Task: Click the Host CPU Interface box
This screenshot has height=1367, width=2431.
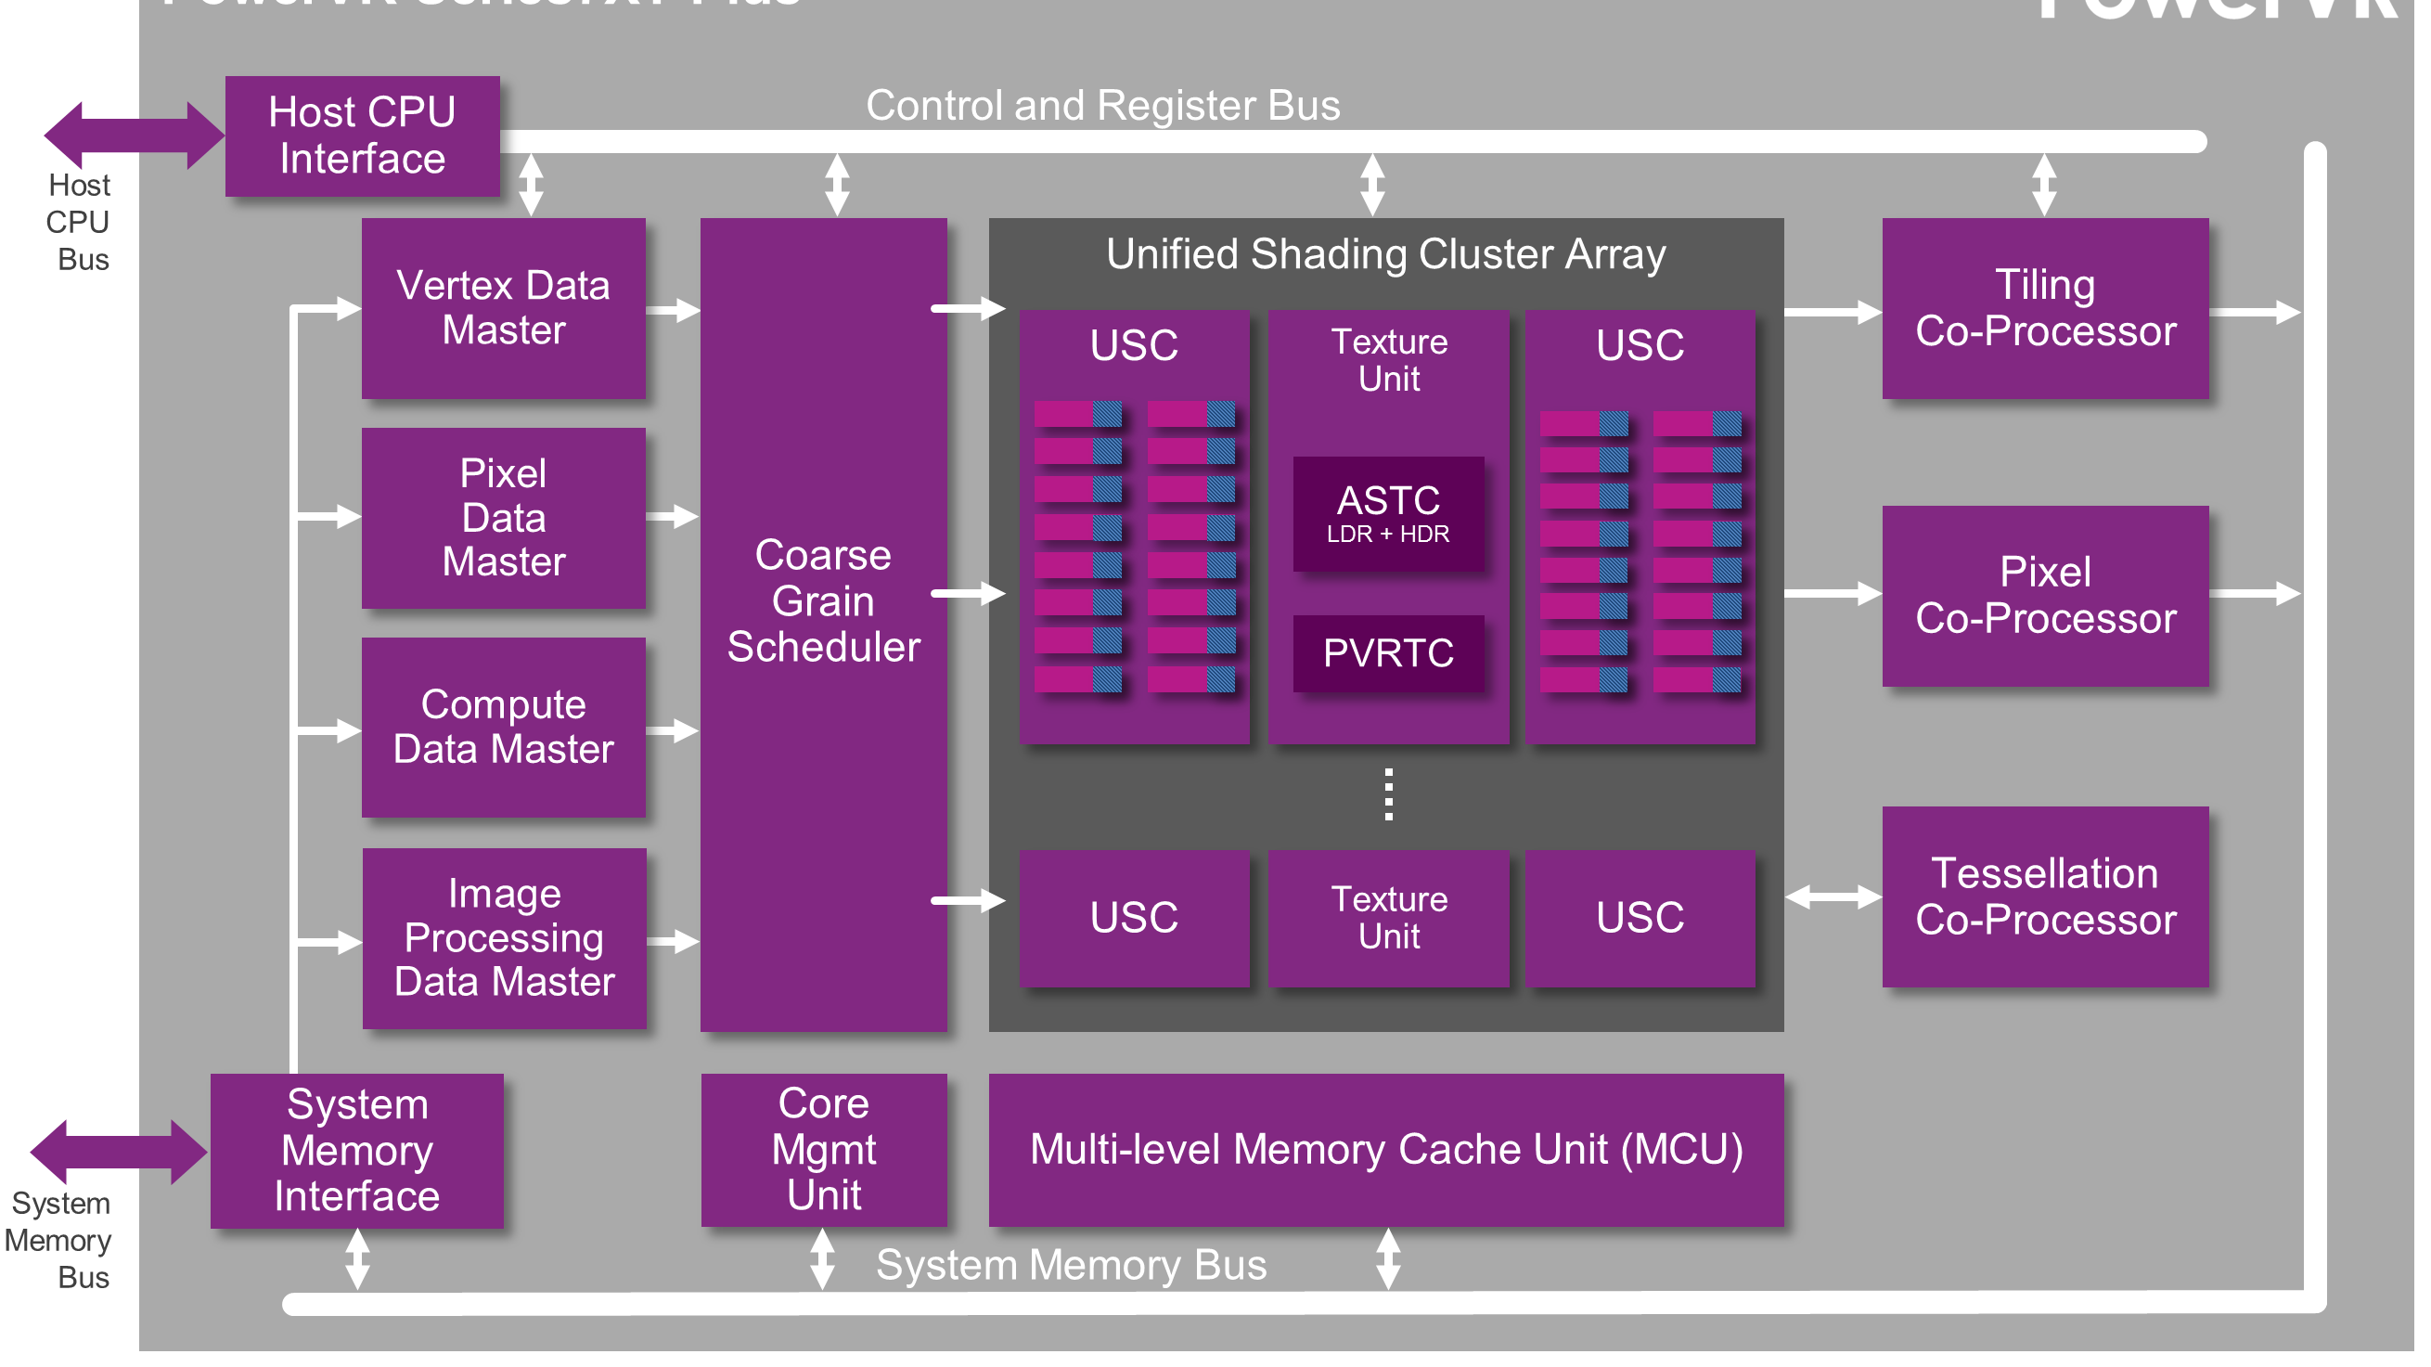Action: click(363, 135)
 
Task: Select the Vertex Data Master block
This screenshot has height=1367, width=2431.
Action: click(504, 309)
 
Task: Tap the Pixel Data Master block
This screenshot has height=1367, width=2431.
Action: click(504, 518)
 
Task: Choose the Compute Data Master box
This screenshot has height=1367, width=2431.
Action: click(504, 728)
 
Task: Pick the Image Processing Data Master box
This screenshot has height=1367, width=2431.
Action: click(505, 938)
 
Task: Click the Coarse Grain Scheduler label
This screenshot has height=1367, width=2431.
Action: click(823, 601)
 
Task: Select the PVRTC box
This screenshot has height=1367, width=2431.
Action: click(1388, 653)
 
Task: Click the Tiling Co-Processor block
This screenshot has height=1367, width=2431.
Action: click(2045, 309)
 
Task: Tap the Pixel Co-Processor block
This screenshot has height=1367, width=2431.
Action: click(2045, 596)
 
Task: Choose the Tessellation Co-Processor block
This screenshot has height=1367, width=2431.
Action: click(2045, 896)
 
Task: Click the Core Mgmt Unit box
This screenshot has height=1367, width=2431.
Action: click(824, 1150)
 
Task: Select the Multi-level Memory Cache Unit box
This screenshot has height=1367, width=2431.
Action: click(1386, 1150)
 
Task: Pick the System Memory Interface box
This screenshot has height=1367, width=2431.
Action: click(356, 1151)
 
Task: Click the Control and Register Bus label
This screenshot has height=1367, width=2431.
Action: click(1103, 106)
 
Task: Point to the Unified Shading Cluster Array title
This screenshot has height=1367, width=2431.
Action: click(1385, 254)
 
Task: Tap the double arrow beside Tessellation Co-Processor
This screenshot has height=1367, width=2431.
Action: click(1833, 897)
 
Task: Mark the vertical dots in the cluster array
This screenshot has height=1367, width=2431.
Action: click(1388, 795)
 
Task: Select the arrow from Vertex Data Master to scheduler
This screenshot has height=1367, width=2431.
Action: click(674, 311)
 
